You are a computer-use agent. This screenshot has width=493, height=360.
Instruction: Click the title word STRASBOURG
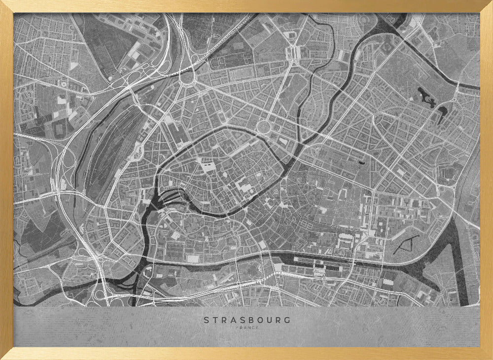point(247,320)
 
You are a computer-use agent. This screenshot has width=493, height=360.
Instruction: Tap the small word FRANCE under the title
point(247,327)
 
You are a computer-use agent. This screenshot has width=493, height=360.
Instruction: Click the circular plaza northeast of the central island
point(265,127)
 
